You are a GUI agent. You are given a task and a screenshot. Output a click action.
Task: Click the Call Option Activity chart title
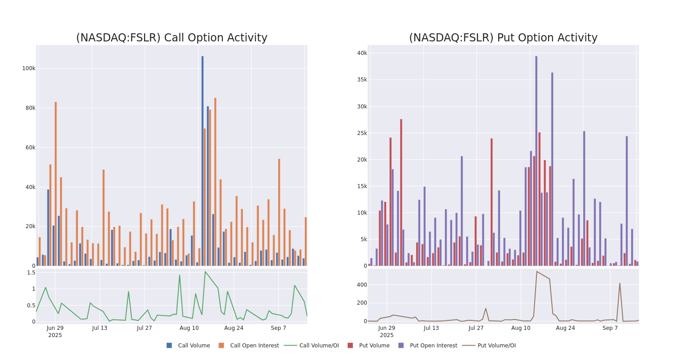[x=171, y=38]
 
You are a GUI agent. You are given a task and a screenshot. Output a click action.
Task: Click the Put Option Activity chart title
[x=503, y=38]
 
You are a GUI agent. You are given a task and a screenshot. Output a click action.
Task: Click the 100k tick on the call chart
[x=29, y=68]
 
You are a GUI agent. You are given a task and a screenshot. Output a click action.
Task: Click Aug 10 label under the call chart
[x=189, y=328]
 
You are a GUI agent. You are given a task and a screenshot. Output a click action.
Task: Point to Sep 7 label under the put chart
[x=610, y=328]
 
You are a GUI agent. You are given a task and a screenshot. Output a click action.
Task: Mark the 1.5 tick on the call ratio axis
[x=31, y=273]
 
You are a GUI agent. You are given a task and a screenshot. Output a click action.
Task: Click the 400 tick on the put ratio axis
[x=362, y=285]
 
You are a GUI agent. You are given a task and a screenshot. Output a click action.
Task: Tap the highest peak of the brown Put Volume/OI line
[x=536, y=271]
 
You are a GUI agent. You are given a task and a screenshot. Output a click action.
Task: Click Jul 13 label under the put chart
[x=431, y=328]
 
